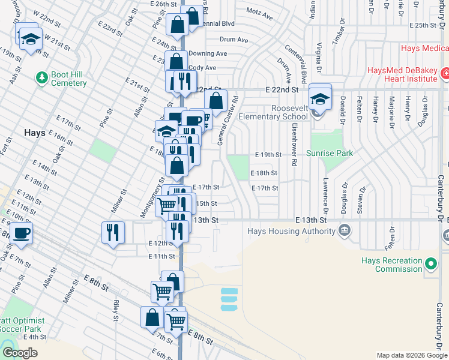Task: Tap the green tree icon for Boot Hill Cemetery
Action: tap(41, 77)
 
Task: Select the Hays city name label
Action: tap(34, 132)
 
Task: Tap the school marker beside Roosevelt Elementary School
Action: tap(321, 98)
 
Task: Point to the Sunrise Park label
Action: tap(330, 154)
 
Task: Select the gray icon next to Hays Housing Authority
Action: tap(345, 230)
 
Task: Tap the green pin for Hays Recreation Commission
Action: tap(430, 264)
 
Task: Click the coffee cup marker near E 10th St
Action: tap(22, 234)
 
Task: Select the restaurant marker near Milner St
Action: tap(112, 232)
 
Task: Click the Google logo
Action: tap(20, 353)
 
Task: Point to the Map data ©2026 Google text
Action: tap(411, 355)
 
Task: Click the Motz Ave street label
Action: tap(262, 11)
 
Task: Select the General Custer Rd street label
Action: tap(220, 120)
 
